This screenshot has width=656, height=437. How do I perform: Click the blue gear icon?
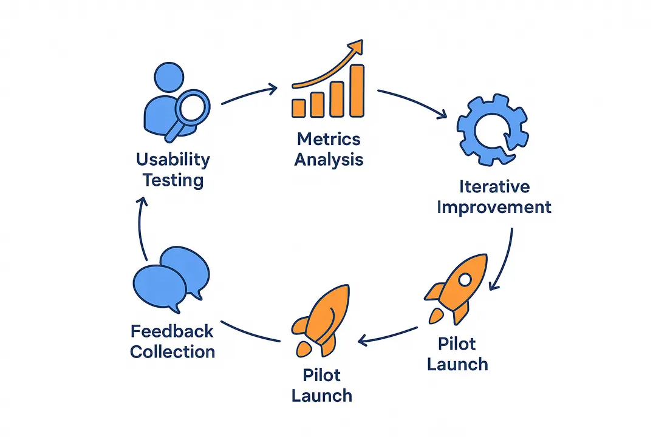pyautogui.click(x=492, y=130)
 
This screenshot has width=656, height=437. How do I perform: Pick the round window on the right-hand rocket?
pyautogui.click(x=465, y=280)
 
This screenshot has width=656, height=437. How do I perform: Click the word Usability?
pyautogui.click(x=173, y=160)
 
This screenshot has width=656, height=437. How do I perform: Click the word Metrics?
pyautogui.click(x=329, y=139)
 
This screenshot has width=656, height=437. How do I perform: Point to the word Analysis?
pyautogui.click(x=329, y=160)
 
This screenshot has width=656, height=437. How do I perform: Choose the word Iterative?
pyautogui.click(x=494, y=186)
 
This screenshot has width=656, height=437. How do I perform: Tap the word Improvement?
pyautogui.click(x=494, y=206)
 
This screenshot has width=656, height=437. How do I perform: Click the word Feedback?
pyautogui.click(x=172, y=331)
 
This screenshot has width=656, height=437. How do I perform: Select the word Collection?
pyautogui.click(x=172, y=352)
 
